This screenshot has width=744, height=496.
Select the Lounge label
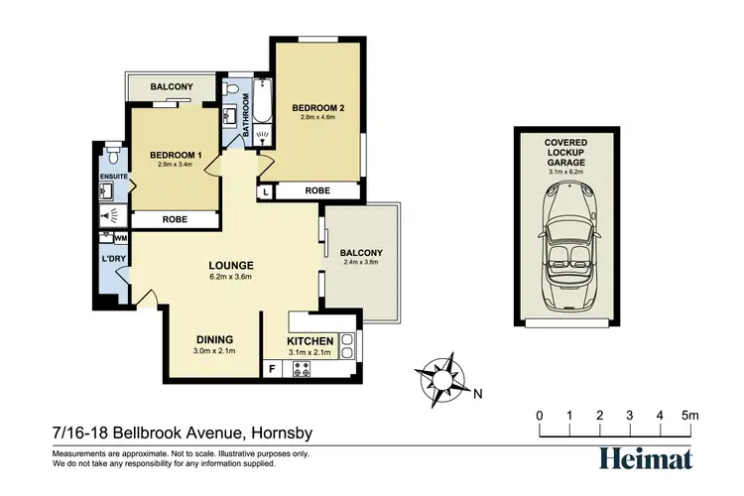click(231, 266)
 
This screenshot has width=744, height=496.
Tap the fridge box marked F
click(272, 369)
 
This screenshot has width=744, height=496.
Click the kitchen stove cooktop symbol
click(302, 369)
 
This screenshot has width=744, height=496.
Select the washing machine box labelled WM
click(120, 238)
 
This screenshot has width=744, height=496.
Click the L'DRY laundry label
click(113, 259)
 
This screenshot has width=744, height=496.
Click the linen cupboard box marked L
click(266, 190)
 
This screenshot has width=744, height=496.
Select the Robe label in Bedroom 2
click(317, 190)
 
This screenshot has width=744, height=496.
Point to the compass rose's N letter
click(477, 394)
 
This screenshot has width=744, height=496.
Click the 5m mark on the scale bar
click(687, 415)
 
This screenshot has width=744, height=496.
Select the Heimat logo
click(646, 456)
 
